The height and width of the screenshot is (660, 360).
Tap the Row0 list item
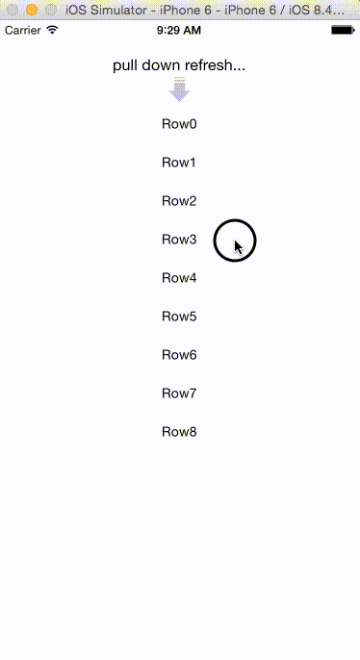tap(179, 124)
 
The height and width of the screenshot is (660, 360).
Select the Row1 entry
tap(179, 163)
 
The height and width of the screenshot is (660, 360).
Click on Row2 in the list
tap(179, 201)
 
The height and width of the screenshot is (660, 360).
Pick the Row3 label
tap(179, 240)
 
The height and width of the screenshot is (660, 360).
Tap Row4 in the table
tap(179, 278)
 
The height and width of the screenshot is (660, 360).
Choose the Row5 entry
tap(179, 317)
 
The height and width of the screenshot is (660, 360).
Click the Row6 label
tap(179, 355)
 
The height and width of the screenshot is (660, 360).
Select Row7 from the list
tap(179, 393)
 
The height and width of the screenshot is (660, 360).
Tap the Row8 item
tap(179, 432)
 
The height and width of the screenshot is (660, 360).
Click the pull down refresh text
tap(179, 66)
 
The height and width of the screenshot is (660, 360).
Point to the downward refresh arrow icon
tap(179, 91)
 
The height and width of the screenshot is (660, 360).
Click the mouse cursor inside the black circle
tap(238, 246)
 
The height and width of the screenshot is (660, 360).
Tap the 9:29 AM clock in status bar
tap(179, 30)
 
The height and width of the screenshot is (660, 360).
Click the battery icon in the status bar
tap(342, 30)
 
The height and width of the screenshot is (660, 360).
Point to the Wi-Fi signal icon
tap(52, 30)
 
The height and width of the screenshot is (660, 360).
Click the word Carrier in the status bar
tap(23, 30)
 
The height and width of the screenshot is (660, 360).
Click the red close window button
tap(13, 9)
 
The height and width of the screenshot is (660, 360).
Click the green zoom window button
tap(49, 9)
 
